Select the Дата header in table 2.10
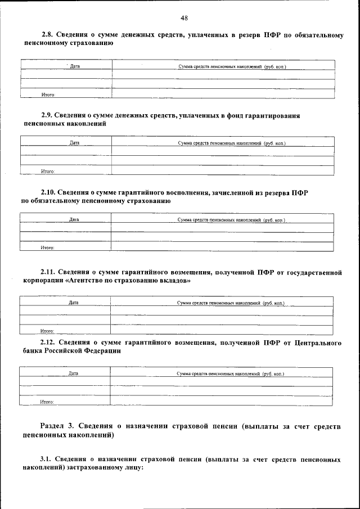[x=74, y=219]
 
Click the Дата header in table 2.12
[x=73, y=373]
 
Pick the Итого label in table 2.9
[x=47, y=170]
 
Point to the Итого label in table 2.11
[x=47, y=331]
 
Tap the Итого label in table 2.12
[x=47, y=402]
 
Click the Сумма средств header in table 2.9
[x=232, y=143]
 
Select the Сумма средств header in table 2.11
[x=231, y=303]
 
